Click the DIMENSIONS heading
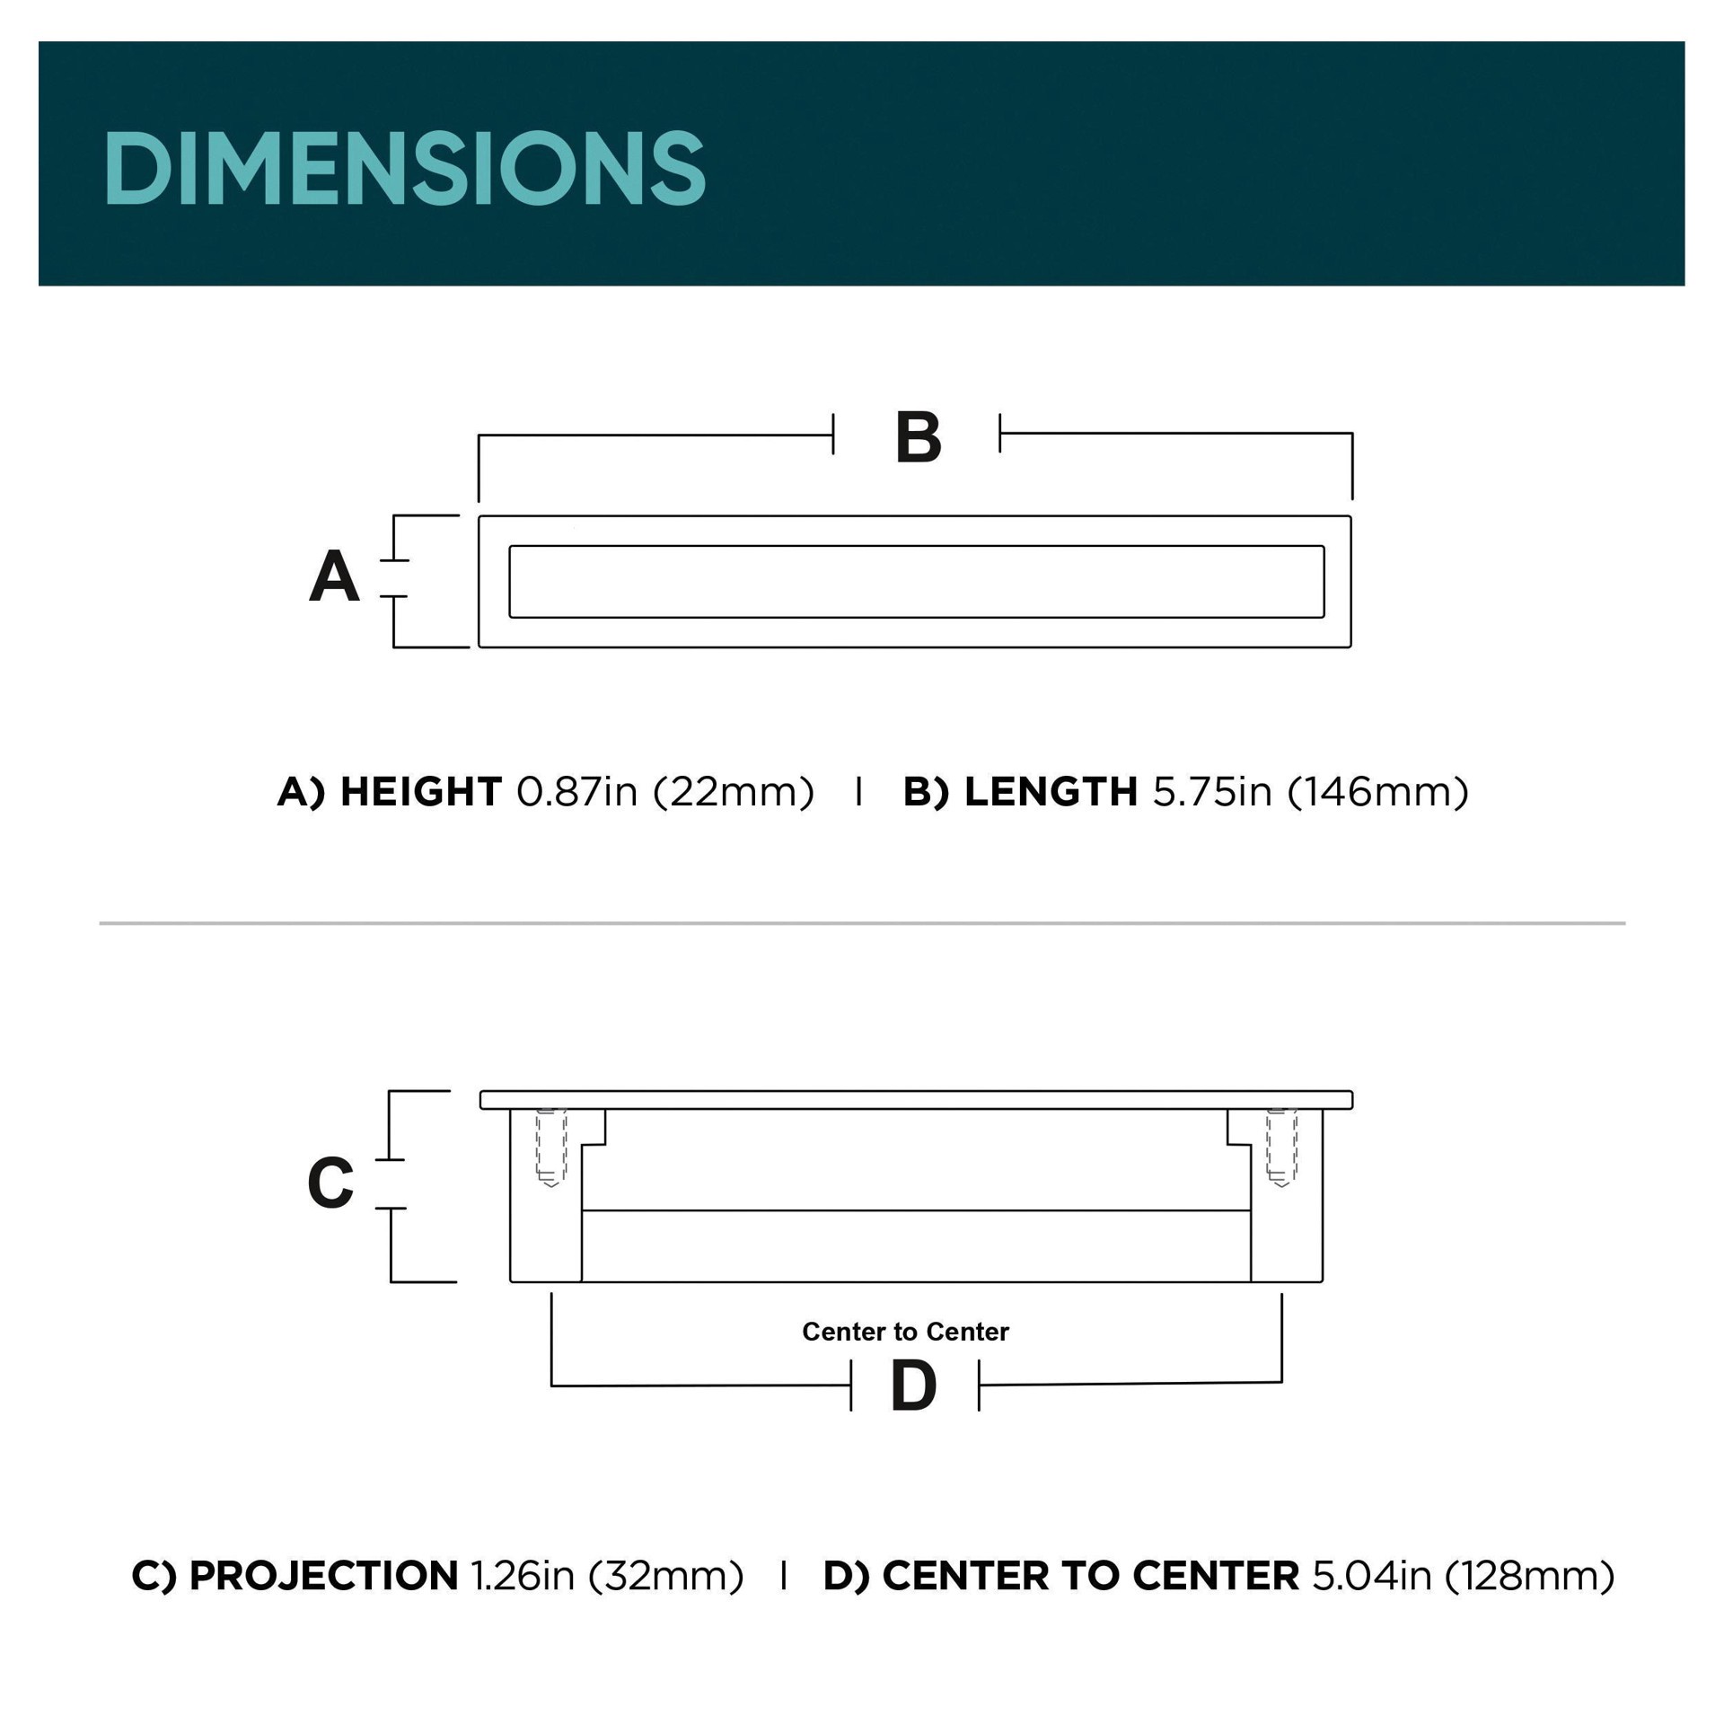[x=404, y=168]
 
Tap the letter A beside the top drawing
[x=334, y=576]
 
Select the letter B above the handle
[x=918, y=438]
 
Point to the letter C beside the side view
[x=330, y=1183]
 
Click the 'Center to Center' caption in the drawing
[x=905, y=1332]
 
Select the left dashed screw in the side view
[x=551, y=1148]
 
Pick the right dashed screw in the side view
[x=1281, y=1148]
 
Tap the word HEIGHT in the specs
[x=420, y=792]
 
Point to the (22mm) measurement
[x=734, y=792]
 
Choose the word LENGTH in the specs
[x=1051, y=792]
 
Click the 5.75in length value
[x=1212, y=792]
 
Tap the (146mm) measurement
[x=1378, y=792]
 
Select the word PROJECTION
[x=323, y=1576]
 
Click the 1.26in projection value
[x=522, y=1576]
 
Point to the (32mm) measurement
[x=666, y=1576]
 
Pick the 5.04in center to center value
[x=1371, y=1576]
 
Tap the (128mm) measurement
[x=1530, y=1576]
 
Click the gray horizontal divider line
[x=862, y=923]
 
